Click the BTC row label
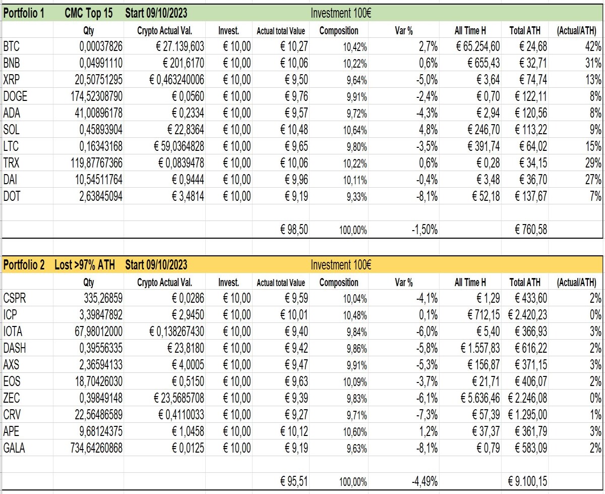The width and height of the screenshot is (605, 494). tap(12, 46)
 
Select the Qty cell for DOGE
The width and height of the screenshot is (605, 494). tap(97, 96)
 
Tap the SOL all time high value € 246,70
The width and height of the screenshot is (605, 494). tap(483, 130)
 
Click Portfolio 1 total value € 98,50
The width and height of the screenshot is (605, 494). tap(294, 230)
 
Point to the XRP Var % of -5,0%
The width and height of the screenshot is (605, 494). tap(427, 80)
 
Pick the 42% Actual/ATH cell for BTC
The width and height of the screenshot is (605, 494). tap(593, 46)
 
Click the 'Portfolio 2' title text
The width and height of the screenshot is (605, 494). tap(24, 264)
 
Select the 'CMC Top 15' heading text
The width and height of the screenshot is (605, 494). tap(88, 13)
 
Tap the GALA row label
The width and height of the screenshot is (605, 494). tap(14, 448)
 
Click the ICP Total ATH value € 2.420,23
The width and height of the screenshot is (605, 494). tap(527, 315)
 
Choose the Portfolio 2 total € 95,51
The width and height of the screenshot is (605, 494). tap(294, 481)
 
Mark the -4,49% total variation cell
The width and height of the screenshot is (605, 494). tap(425, 481)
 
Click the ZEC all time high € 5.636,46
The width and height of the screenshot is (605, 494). tap(480, 398)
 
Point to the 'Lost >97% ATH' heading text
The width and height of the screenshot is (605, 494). tap(85, 264)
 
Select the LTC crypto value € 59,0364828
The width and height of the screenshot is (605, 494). tap(179, 146)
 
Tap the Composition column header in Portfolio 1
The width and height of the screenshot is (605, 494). tap(339, 31)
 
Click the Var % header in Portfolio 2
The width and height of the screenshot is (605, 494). tap(404, 283)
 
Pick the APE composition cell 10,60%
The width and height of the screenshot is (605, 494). tap(355, 432)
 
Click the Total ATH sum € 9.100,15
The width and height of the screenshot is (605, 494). tap(527, 481)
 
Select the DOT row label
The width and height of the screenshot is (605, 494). tap(12, 196)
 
